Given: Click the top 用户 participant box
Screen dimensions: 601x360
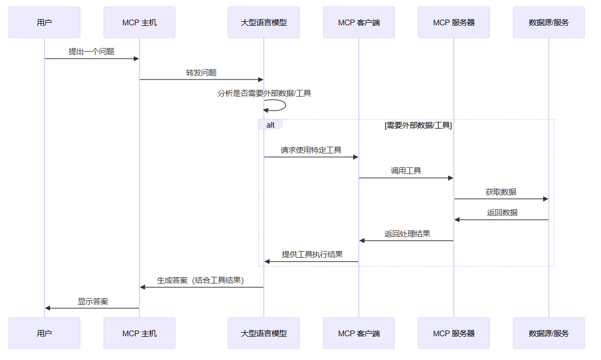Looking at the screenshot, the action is pyautogui.click(x=44, y=22).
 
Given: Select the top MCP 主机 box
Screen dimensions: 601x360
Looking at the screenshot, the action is pyautogui.click(x=139, y=22).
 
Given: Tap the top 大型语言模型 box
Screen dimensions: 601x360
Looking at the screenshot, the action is pyautogui.click(x=264, y=22).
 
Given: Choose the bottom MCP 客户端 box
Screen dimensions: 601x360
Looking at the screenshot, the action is pyautogui.click(x=359, y=333).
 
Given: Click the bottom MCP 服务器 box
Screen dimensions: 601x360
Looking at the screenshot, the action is pyautogui.click(x=454, y=333).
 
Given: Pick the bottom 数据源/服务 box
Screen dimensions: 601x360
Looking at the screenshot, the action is pyautogui.click(x=549, y=333).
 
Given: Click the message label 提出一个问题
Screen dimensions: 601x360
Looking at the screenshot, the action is pyautogui.click(x=91, y=51).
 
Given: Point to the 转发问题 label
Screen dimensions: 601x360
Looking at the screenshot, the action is pyautogui.click(x=201, y=72).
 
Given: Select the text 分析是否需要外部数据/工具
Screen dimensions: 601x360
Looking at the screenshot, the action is pyautogui.click(x=264, y=93).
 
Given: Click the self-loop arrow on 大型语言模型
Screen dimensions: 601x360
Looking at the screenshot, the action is pyautogui.click(x=286, y=105).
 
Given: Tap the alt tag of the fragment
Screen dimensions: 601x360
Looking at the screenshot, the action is pyautogui.click(x=271, y=124).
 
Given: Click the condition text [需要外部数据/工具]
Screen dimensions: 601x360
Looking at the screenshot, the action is pyautogui.click(x=418, y=126).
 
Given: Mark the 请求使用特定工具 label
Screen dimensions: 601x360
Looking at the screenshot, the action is pyautogui.click(x=311, y=150).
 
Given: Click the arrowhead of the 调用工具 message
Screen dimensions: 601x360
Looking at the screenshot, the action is pyautogui.click(x=451, y=178).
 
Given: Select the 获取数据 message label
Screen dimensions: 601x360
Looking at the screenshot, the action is pyautogui.click(x=501, y=192).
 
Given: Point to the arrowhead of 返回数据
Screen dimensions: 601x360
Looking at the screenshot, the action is pyautogui.click(x=457, y=220).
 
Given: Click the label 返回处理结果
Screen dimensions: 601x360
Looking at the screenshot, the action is pyautogui.click(x=407, y=233).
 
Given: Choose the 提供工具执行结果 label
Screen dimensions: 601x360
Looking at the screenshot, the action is pyautogui.click(x=312, y=254).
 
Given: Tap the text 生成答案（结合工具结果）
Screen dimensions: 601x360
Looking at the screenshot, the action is pyautogui.click(x=200, y=280).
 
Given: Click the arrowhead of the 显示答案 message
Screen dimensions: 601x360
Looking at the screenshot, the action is pyautogui.click(x=48, y=308).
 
